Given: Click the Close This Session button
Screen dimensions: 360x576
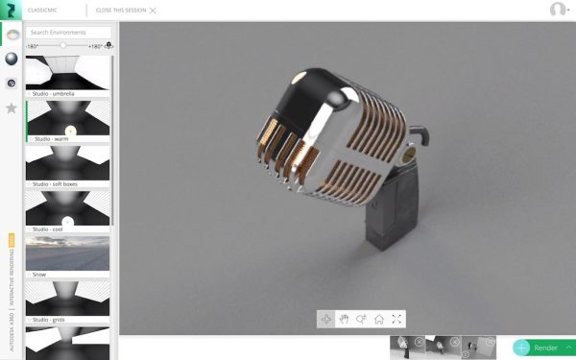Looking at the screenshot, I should [x=125, y=9].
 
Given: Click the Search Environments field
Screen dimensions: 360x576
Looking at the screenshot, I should [x=67, y=32].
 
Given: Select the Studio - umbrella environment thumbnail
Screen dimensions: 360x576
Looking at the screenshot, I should [x=67, y=73].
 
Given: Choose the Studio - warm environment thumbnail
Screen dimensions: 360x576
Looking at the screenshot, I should [x=67, y=118].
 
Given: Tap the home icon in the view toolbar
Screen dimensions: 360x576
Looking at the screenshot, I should [x=379, y=319].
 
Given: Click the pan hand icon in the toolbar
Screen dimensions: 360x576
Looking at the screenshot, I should [x=344, y=319].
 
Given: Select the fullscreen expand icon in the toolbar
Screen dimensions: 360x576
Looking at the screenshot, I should [x=397, y=319].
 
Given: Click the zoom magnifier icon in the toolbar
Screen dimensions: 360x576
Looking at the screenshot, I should [x=362, y=319].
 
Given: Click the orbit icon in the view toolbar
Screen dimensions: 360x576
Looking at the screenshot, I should [x=326, y=319].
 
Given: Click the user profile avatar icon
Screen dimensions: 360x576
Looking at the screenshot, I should [x=558, y=10].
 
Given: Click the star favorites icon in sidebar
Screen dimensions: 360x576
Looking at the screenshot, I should [x=12, y=108].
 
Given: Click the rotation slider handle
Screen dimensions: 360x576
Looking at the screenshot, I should [x=63, y=45].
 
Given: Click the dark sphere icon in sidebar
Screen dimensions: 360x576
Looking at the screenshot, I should [x=12, y=59].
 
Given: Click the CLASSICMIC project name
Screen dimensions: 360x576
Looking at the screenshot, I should [x=41, y=9].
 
